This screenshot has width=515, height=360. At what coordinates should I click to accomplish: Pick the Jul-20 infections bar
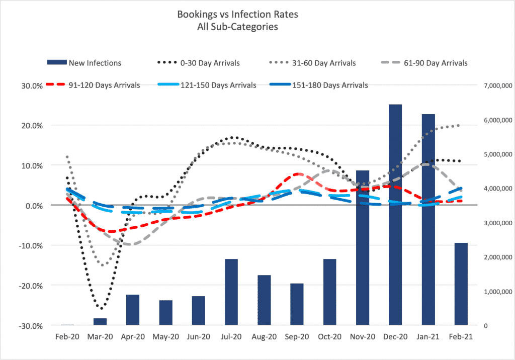pos(231,292)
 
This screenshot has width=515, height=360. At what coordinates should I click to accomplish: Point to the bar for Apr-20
pos(133,310)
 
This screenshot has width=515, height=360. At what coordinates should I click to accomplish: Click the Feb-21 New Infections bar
pos(461,284)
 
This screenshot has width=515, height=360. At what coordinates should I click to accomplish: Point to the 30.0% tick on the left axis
pos(31,85)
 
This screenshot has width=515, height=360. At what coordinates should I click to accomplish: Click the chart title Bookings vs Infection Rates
pos(237,14)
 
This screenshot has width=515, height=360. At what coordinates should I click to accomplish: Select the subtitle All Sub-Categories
pos(237,27)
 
